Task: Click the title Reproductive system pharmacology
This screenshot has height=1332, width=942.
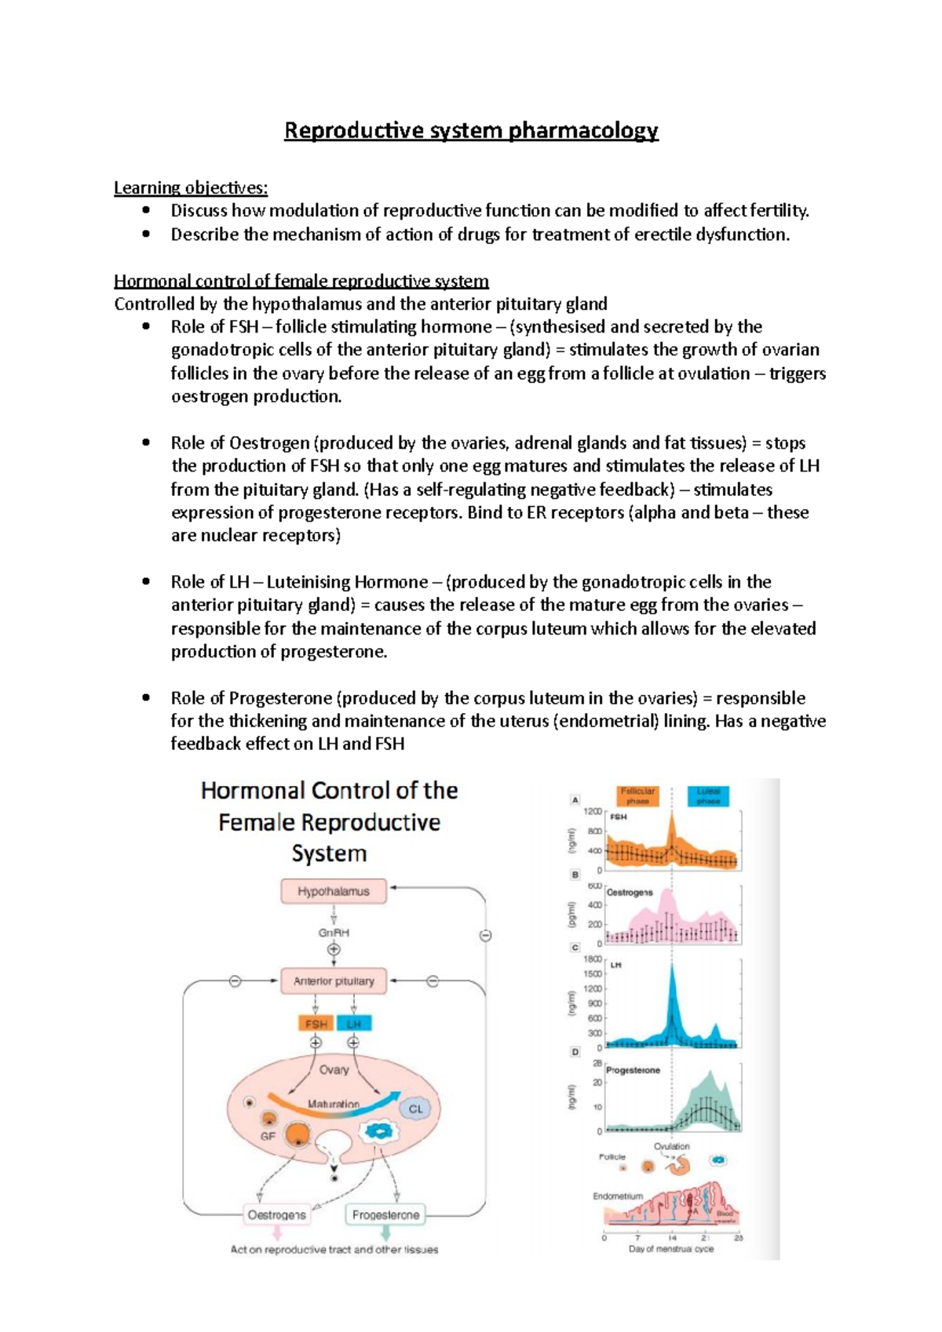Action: click(471, 130)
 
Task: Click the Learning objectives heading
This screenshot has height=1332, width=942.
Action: click(191, 187)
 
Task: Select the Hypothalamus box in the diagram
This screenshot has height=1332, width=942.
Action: click(334, 891)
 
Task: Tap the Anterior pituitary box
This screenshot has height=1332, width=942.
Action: click(334, 981)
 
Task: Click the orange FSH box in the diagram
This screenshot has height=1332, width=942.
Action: click(316, 1024)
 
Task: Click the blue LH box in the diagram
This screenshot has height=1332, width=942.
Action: click(354, 1024)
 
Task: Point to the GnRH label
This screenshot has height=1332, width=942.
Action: click(334, 933)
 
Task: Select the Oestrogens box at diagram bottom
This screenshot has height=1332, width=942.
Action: click(276, 1215)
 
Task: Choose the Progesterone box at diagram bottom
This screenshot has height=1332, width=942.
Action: click(385, 1215)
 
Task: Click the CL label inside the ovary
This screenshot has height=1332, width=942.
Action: click(415, 1108)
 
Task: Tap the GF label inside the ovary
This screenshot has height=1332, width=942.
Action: click(268, 1136)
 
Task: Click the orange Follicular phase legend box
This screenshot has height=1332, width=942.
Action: click(637, 795)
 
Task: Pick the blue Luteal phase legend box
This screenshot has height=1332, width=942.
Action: click(708, 795)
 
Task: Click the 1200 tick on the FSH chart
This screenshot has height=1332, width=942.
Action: click(593, 812)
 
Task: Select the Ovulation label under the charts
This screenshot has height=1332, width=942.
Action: click(671, 1146)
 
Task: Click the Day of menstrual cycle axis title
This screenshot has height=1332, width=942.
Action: click(671, 1249)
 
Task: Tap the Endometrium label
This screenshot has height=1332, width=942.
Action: click(618, 1196)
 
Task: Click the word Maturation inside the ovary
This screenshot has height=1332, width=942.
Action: click(334, 1104)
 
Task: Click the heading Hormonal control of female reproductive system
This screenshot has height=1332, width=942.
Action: click(301, 281)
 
